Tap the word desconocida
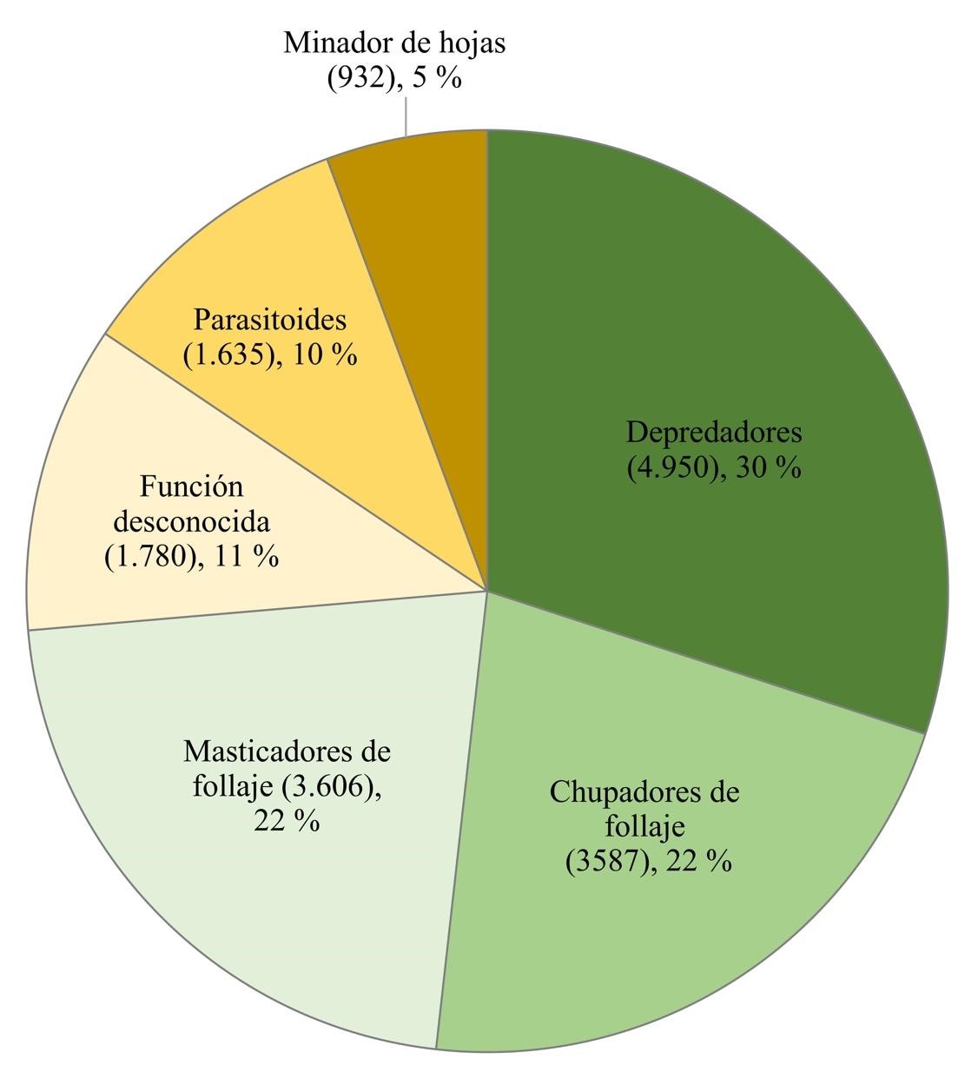(192, 522)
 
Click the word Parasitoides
(269, 320)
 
